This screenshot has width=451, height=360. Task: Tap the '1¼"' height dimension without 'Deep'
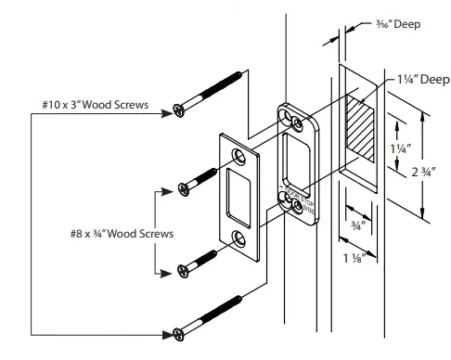click(398, 148)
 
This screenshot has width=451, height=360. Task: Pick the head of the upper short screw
click(185, 190)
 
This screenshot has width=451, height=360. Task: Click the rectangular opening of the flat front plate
click(237, 196)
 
